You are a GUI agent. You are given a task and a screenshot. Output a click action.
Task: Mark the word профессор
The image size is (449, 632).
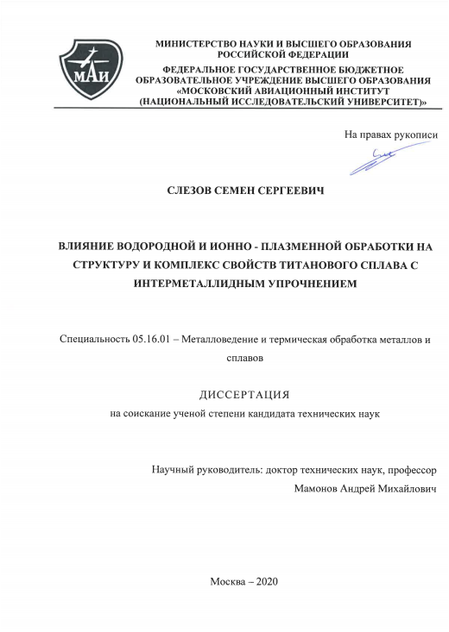tap(403, 471)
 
